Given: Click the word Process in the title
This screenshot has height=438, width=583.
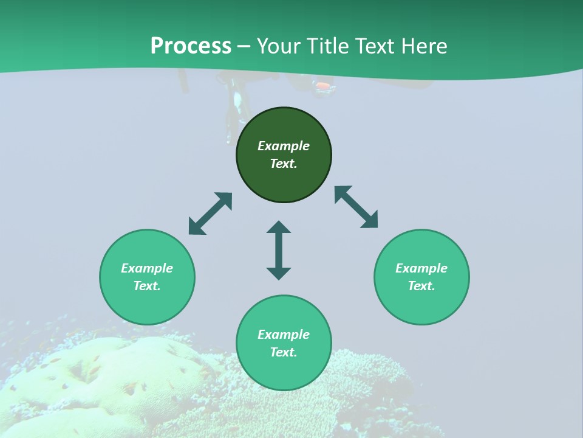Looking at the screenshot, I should click(191, 46).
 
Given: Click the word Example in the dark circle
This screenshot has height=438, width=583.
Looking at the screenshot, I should click(284, 146).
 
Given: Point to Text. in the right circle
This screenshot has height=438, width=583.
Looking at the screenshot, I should click(421, 286).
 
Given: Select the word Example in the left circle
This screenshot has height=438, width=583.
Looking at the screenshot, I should click(147, 268).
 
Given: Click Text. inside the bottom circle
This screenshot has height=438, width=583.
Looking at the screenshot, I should click(284, 352).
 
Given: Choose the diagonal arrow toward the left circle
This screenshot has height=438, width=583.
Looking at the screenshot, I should click(210, 214).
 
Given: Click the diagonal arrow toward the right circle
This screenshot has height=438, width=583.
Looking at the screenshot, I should click(356, 207).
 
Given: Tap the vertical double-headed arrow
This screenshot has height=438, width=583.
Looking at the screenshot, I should click(279, 250).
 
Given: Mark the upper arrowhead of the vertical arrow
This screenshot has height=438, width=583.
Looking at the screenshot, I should click(279, 227).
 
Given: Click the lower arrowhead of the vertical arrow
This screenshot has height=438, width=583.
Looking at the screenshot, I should click(279, 273).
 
